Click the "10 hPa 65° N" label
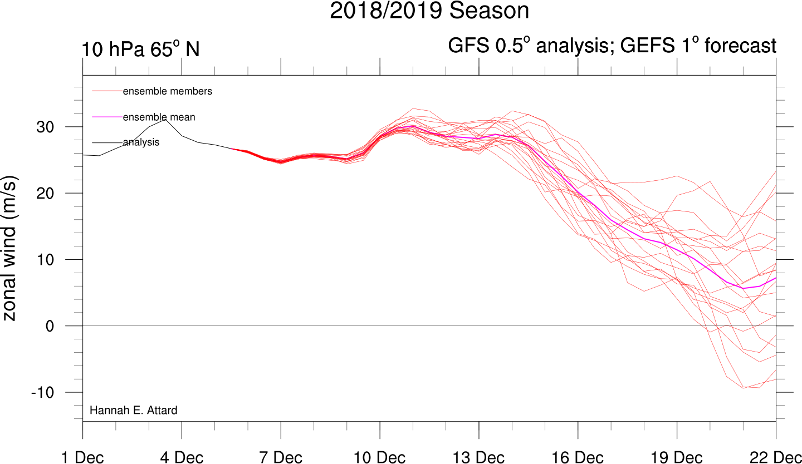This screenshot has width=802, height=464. [140, 49]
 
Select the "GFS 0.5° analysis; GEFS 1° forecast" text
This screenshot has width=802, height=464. [612, 46]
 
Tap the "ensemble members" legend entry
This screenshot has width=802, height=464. [167, 91]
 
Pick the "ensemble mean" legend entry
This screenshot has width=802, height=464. [159, 117]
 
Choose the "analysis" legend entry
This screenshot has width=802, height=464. [141, 142]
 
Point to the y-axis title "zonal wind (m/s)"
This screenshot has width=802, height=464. [11, 248]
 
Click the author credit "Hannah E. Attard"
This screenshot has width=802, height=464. [133, 411]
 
